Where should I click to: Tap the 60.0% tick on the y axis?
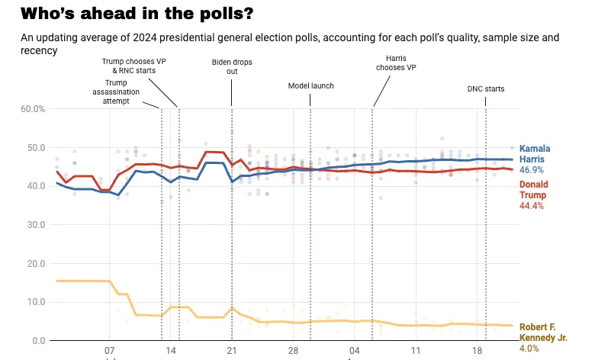click(x=33, y=109)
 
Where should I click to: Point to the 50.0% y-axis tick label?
click(x=33, y=148)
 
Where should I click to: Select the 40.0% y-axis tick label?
click(x=33, y=186)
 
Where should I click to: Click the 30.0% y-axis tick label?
click(x=33, y=225)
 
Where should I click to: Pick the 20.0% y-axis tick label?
click(x=33, y=264)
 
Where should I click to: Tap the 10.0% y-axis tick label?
click(x=33, y=302)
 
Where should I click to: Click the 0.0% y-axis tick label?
click(x=35, y=341)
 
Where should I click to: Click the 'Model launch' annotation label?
click(x=311, y=86)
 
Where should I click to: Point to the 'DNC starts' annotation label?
click(x=486, y=89)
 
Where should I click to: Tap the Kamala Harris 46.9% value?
click(x=532, y=170)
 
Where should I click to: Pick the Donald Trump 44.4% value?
click(x=532, y=206)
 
